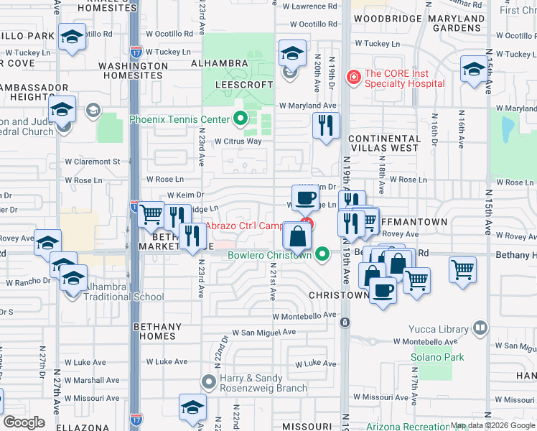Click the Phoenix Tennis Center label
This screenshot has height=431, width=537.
[x=179, y=119]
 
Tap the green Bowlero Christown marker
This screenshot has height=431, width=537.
[x=322, y=254]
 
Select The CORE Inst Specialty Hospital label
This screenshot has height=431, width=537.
[x=404, y=78]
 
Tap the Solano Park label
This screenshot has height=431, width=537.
[x=437, y=357]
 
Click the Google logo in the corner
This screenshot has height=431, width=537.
[x=24, y=422]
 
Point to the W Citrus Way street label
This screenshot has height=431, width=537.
[x=238, y=142]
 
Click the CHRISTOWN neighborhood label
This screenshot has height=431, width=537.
[x=339, y=295]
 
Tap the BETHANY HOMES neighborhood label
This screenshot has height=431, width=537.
[x=154, y=331]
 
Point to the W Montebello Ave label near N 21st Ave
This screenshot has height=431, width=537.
[x=304, y=315]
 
